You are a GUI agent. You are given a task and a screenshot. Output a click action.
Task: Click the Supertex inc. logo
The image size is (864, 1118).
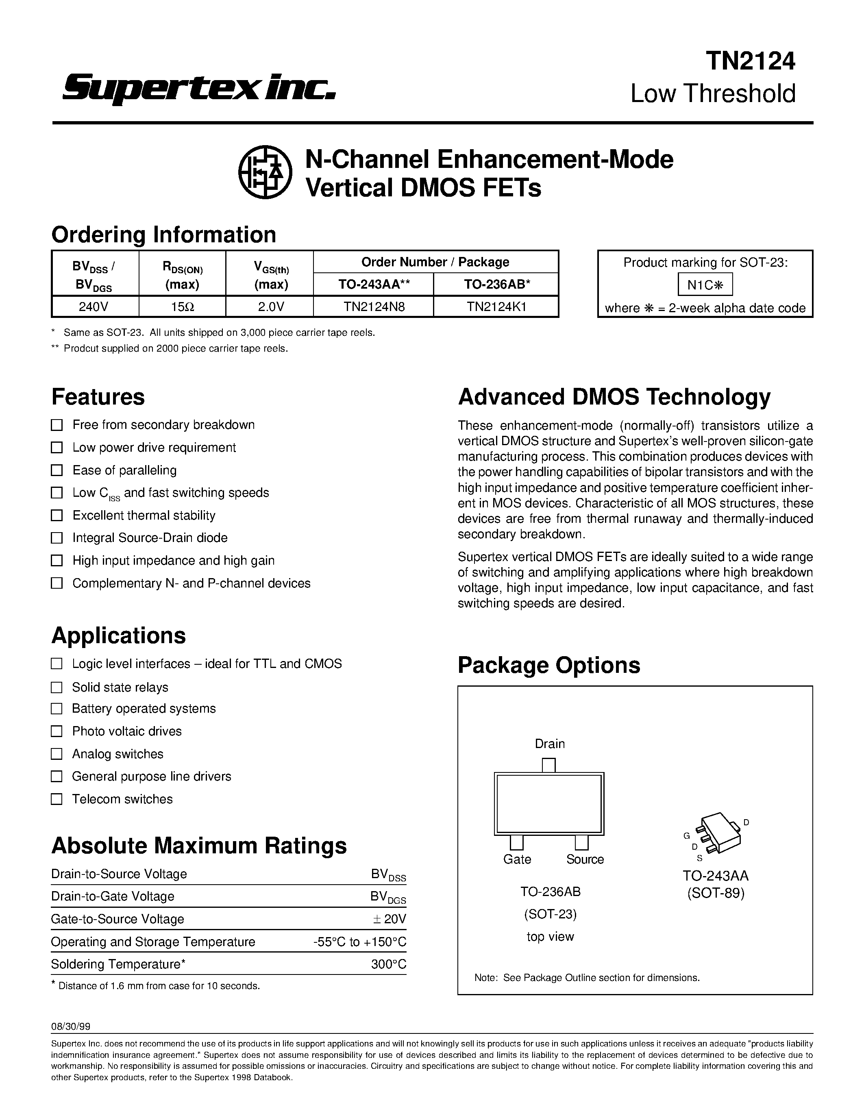tap(198, 88)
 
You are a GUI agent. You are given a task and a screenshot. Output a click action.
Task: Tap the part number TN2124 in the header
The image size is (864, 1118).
tap(751, 61)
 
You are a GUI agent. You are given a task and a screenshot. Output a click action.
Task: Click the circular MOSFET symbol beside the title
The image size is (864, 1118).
tap(265, 172)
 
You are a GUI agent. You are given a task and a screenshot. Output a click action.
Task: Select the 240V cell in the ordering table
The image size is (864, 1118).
tap(95, 307)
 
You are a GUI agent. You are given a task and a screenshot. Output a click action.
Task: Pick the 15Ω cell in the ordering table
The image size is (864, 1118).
tap(182, 307)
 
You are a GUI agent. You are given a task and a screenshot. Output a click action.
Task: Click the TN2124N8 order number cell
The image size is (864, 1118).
tap(374, 307)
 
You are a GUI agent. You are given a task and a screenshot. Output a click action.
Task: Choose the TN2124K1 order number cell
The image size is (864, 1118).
tap(496, 307)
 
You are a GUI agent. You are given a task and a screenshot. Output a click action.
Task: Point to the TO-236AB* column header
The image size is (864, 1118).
tap(496, 285)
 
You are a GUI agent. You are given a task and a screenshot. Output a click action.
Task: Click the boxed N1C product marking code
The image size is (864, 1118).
tap(705, 285)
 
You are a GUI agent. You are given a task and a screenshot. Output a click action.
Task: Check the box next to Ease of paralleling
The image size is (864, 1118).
tap(57, 470)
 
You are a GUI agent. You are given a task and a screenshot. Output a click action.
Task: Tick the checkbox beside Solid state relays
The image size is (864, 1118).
tap(57, 687)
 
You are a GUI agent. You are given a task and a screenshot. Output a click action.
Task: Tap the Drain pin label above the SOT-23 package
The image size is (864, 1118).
tap(550, 743)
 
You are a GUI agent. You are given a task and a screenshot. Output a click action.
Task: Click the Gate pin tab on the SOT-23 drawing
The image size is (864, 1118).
tap(516, 842)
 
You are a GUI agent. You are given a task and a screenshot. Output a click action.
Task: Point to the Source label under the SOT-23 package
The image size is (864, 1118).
tap(585, 859)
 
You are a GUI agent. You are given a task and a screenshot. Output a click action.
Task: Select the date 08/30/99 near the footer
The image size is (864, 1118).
tap(72, 1027)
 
